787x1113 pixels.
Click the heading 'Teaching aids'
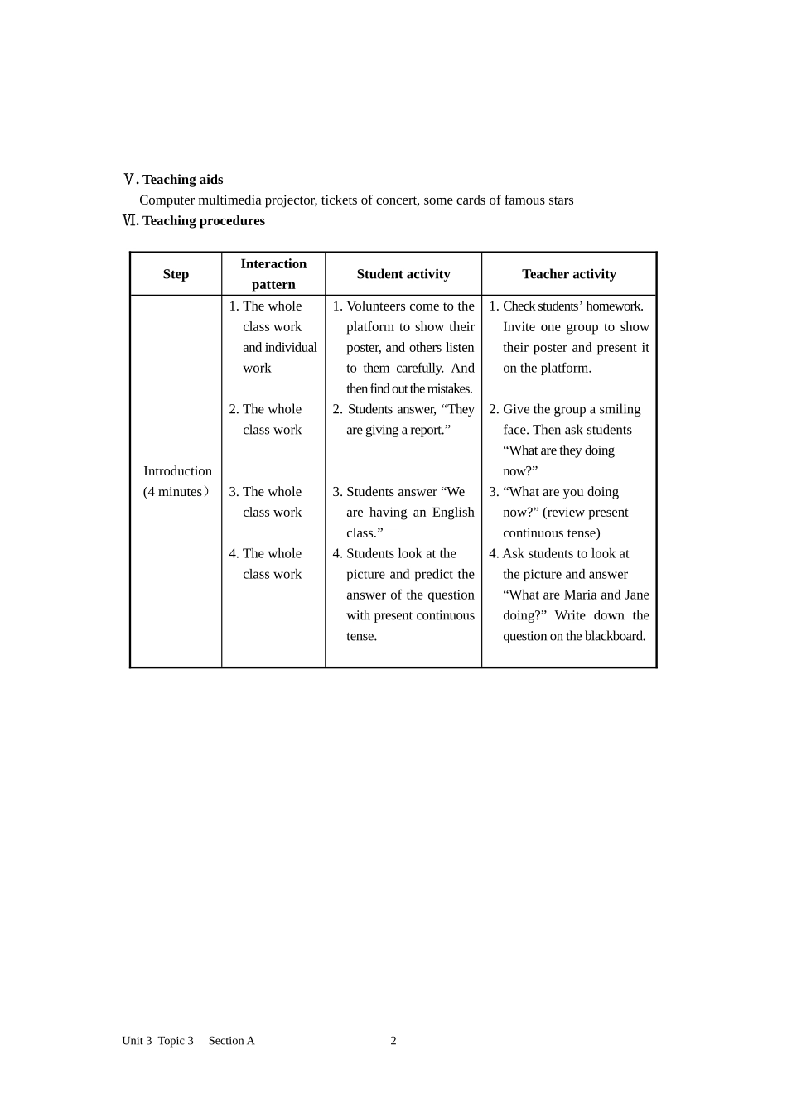(x=182, y=180)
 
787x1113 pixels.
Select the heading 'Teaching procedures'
(x=203, y=221)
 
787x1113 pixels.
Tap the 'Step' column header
(x=176, y=274)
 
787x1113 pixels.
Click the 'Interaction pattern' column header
(x=273, y=274)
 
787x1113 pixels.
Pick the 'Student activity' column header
(x=403, y=274)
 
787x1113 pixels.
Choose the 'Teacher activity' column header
(x=568, y=274)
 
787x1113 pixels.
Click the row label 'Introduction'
(x=177, y=471)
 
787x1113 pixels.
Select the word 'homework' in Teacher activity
(x=614, y=306)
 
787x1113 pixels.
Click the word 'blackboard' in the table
(x=614, y=637)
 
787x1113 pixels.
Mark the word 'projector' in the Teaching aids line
(x=290, y=200)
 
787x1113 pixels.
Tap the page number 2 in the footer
(x=393, y=1041)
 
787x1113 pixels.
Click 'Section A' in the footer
(x=231, y=1041)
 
